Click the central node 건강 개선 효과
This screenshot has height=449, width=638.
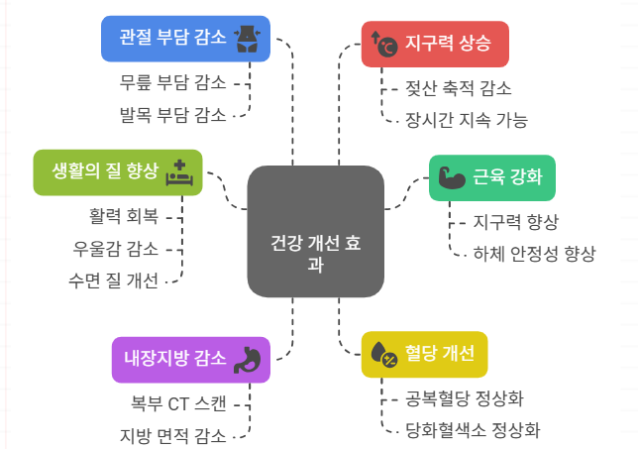315,231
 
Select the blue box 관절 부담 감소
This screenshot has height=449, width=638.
186,39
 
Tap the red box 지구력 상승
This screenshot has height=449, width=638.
434,44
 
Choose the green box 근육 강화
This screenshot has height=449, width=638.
491,178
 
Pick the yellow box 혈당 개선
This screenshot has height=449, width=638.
425,354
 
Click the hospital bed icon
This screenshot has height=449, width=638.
179,173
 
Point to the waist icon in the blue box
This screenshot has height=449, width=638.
246,39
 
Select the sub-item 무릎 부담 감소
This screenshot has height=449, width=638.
172,82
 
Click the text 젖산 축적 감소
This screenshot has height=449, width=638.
459,88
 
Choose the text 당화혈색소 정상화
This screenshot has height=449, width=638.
474,429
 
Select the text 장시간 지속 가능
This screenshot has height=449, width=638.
467,120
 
